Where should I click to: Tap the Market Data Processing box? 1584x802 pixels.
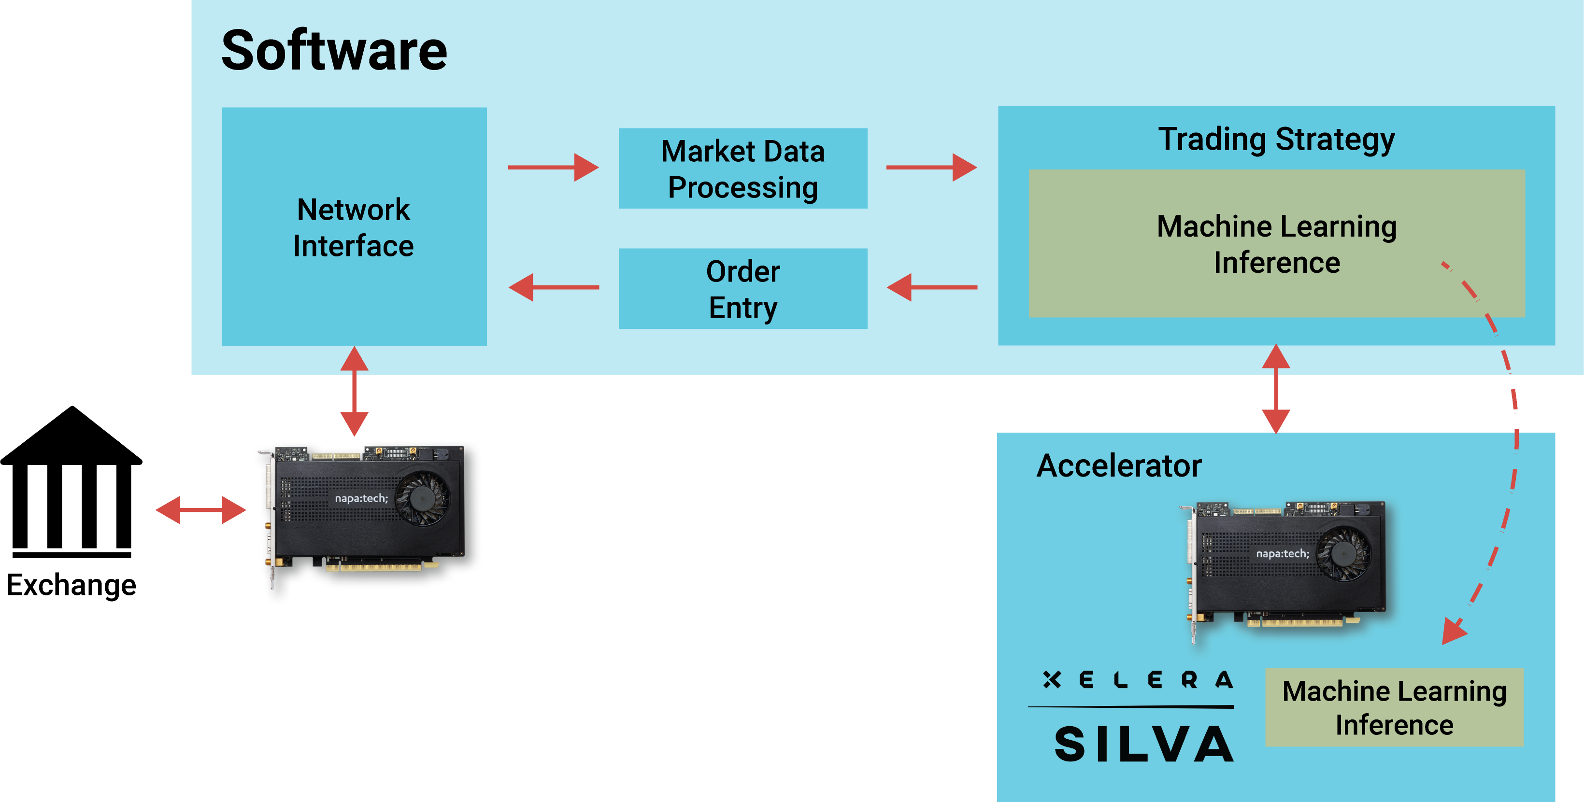[x=743, y=169]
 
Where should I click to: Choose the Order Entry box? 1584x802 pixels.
[x=743, y=288]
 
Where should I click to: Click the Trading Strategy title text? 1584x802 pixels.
[x=1277, y=139]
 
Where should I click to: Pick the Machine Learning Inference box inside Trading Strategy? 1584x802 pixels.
[x=1277, y=243]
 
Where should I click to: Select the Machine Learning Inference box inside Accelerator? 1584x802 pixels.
[x=1394, y=707]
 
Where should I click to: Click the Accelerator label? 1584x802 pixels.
[x=1119, y=465]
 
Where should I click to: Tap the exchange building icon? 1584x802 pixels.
[x=71, y=482]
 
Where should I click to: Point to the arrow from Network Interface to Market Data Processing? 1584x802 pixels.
[x=554, y=167]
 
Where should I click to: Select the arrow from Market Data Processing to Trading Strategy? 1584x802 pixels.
[x=931, y=167]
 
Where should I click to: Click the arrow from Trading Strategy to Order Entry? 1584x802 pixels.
[x=932, y=287]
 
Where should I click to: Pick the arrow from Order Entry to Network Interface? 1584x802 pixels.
[x=554, y=287]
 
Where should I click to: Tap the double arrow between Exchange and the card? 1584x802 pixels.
[x=200, y=510]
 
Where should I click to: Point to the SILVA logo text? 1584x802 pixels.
[x=1144, y=744]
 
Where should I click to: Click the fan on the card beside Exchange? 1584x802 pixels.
[x=422, y=498]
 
